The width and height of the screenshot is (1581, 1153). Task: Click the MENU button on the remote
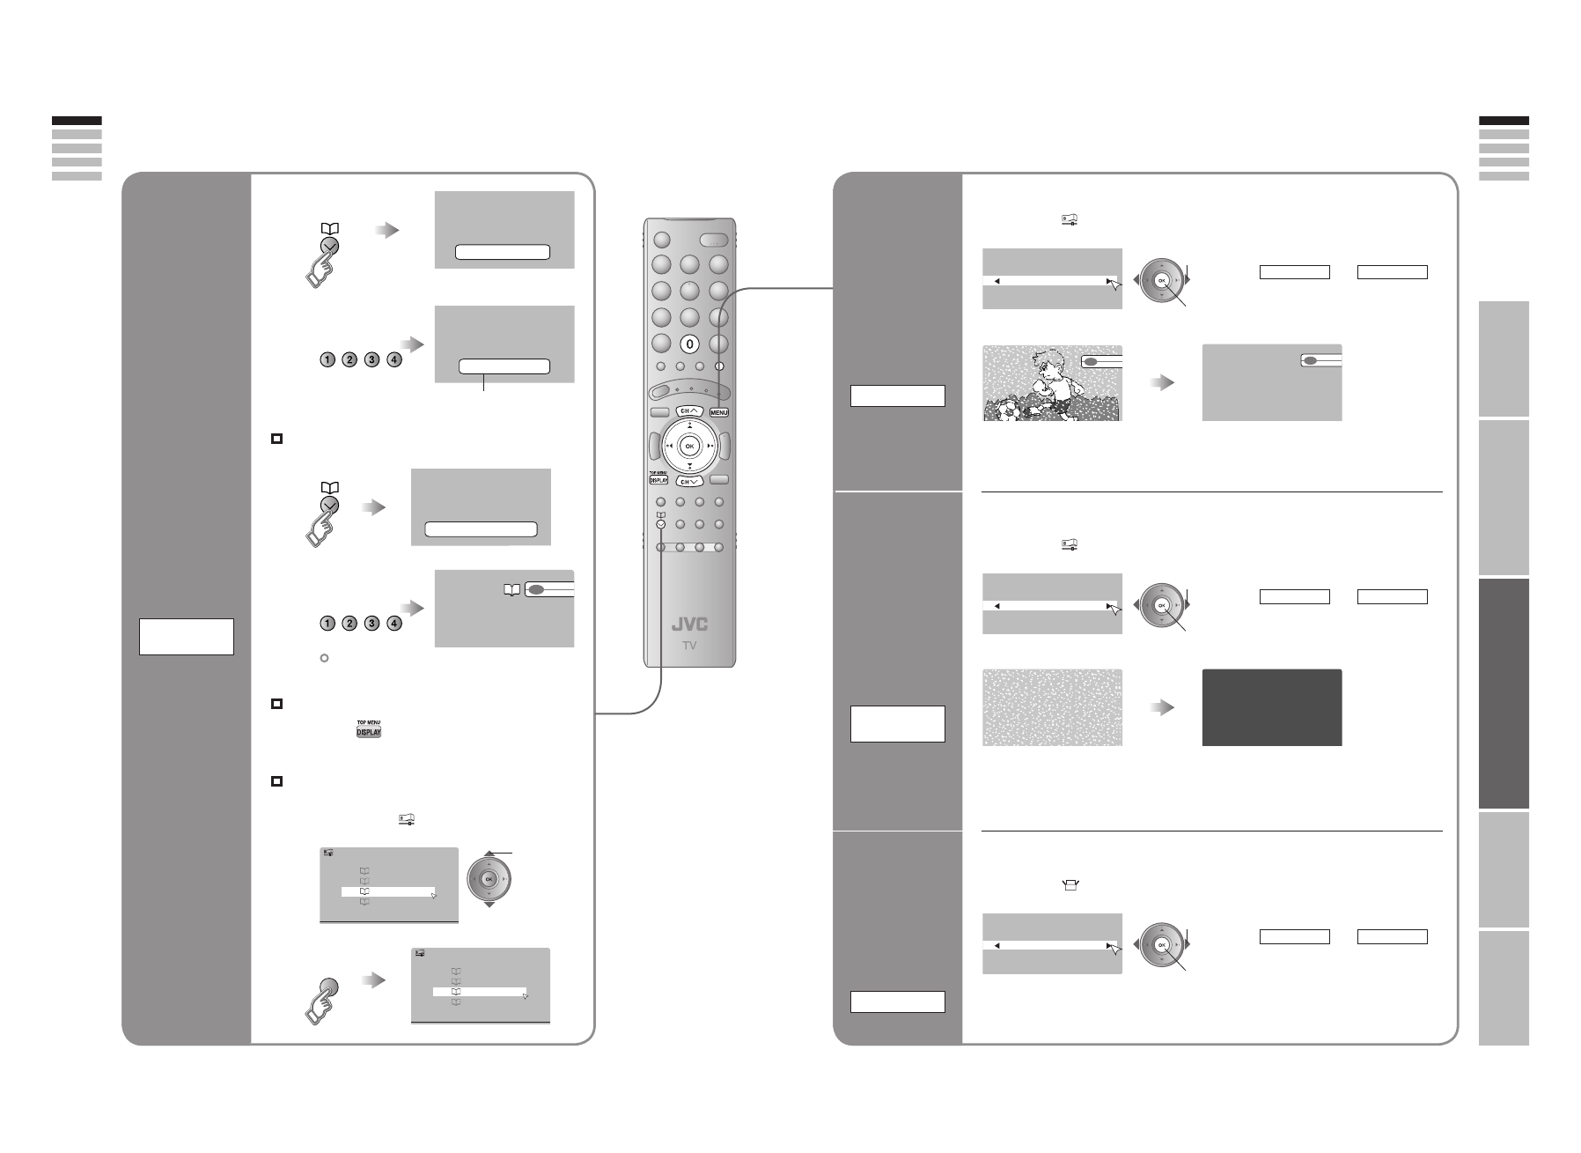click(x=719, y=411)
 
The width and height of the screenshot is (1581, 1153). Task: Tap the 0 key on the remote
click(x=689, y=344)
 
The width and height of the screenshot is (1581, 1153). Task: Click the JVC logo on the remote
click(x=689, y=625)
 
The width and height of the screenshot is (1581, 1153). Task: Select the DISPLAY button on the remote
click(x=659, y=481)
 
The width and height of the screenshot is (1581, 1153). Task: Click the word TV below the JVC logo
click(x=689, y=646)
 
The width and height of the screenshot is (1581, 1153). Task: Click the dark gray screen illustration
click(x=1271, y=707)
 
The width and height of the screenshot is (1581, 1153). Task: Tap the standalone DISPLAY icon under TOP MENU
click(x=368, y=732)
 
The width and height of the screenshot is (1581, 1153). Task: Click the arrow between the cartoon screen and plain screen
click(x=1163, y=383)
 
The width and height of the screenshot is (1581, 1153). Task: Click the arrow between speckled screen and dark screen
click(x=1163, y=708)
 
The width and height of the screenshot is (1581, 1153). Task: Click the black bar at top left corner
click(x=77, y=121)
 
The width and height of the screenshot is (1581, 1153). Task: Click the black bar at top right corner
click(x=1504, y=121)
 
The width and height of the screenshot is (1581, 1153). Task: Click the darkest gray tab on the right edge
click(x=1504, y=693)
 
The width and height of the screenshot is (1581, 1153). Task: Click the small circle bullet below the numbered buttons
click(x=324, y=658)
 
